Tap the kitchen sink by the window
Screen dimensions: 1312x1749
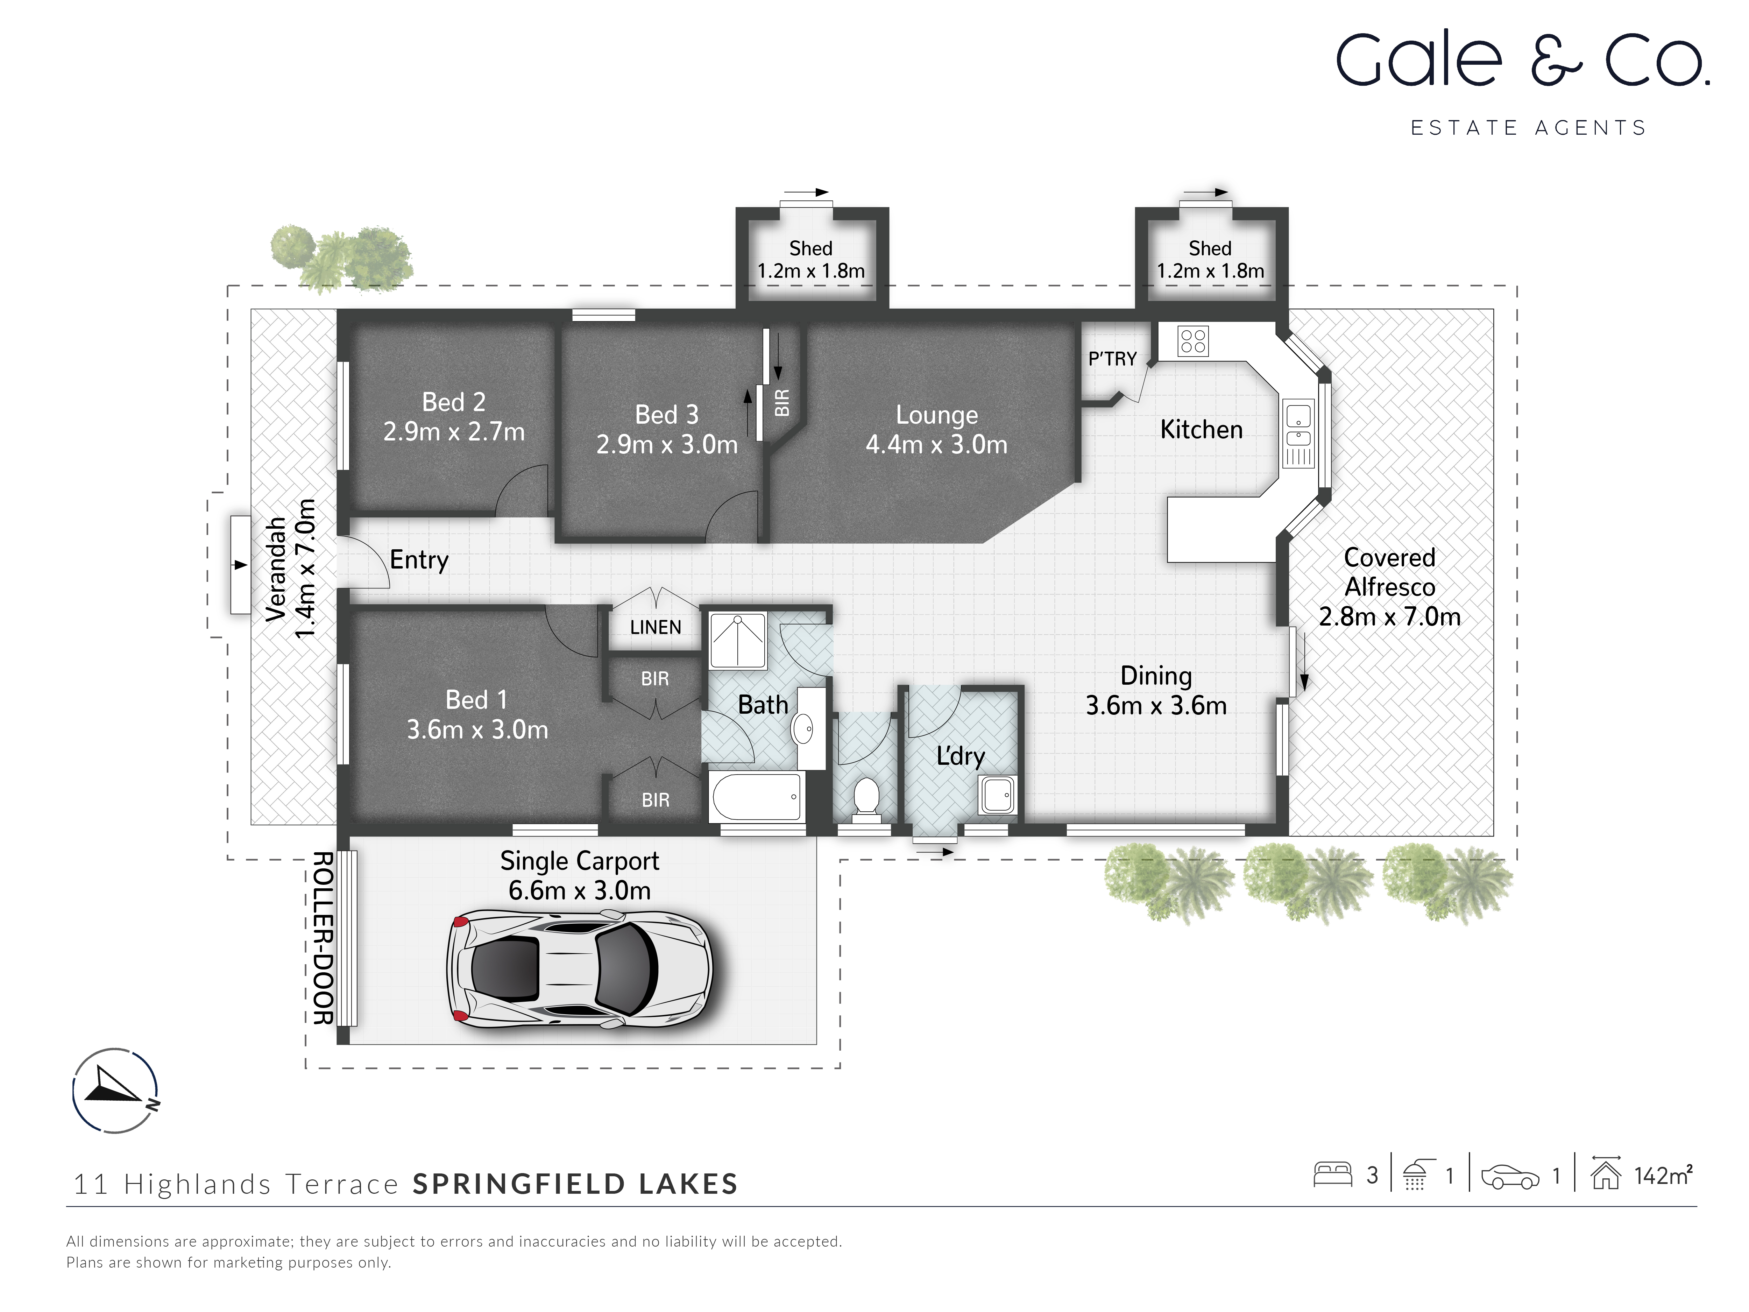pyautogui.click(x=1297, y=427)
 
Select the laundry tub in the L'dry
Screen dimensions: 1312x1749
pyautogui.click(x=997, y=794)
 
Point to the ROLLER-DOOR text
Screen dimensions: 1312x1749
pyautogui.click(x=323, y=938)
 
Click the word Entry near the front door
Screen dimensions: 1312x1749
pyautogui.click(x=419, y=560)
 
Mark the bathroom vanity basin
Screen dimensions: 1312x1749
pyautogui.click(x=802, y=728)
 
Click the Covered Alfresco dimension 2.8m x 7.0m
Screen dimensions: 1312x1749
pyautogui.click(x=1389, y=617)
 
